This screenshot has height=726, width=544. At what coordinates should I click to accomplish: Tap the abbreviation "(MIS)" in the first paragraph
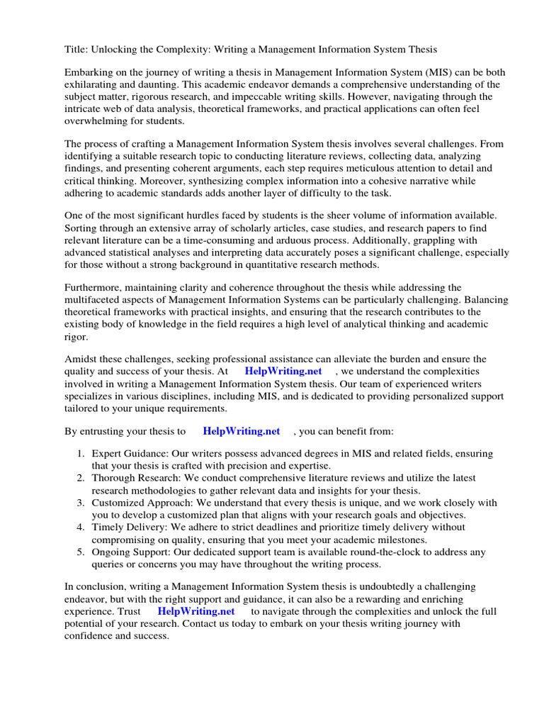point(409,72)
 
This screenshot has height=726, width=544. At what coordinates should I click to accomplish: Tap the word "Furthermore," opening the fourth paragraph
point(94,288)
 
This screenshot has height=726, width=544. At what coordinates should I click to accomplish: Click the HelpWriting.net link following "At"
point(283,371)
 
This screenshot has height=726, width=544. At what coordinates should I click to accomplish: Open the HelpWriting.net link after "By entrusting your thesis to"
point(241,430)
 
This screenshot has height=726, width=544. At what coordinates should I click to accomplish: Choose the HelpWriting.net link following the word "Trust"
point(195,610)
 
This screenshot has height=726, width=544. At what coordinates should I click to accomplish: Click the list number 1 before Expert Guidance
point(81,453)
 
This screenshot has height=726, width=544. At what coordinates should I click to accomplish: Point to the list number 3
point(81,503)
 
